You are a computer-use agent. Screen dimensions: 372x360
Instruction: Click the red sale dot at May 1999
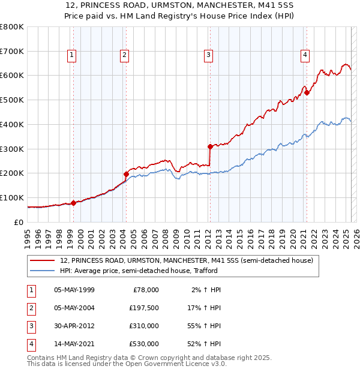[73, 203]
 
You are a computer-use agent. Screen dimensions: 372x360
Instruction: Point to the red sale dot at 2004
[126, 174]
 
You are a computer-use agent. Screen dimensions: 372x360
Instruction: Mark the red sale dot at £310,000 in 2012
[210, 146]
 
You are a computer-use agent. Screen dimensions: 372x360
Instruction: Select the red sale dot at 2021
[307, 92]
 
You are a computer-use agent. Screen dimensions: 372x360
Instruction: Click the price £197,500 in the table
[144, 308]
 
